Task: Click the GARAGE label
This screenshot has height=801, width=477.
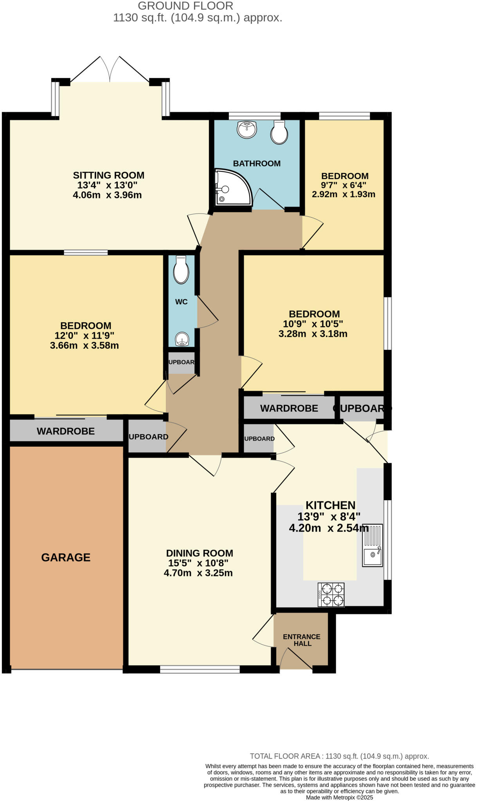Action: (x=66, y=557)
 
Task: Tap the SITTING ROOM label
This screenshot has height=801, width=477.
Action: (x=108, y=175)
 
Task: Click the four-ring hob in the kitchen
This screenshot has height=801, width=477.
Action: (x=331, y=594)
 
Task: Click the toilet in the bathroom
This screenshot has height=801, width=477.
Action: (x=279, y=133)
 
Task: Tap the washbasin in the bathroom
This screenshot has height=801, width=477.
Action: (x=247, y=129)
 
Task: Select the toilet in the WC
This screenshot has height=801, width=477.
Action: (x=181, y=270)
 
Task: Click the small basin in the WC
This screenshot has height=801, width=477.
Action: (x=182, y=339)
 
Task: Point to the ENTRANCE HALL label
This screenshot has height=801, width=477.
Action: (x=302, y=640)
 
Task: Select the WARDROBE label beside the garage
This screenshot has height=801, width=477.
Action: (x=66, y=431)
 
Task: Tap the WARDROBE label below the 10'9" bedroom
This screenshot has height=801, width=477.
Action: (x=289, y=408)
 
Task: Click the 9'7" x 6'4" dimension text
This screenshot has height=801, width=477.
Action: (x=344, y=185)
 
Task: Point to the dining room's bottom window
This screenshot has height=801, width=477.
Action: (x=200, y=670)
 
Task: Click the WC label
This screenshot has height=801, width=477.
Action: (x=181, y=302)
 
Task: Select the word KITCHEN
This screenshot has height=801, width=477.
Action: (x=330, y=505)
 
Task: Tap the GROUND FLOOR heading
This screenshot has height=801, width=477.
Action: (x=185, y=6)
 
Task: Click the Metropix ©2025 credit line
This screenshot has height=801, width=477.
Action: (x=339, y=797)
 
